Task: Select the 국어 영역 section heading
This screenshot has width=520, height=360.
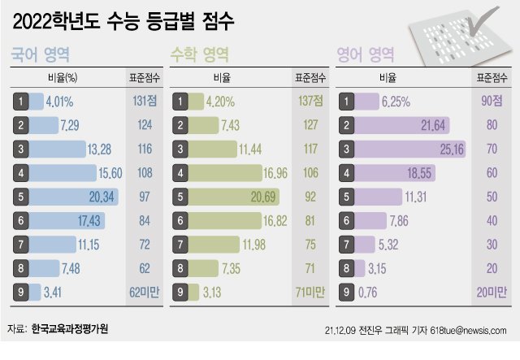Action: pyautogui.click(x=40, y=55)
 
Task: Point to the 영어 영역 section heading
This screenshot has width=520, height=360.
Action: pyautogui.click(x=366, y=55)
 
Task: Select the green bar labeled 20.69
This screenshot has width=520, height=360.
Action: pyautogui.click(x=236, y=197)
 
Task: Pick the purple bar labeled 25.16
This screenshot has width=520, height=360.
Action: pyautogui.click(x=411, y=150)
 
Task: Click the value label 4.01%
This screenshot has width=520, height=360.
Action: pyautogui.click(x=60, y=102)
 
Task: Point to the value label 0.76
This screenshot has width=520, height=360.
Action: pyautogui.click(x=373, y=292)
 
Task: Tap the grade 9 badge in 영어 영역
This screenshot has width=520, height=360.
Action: pyautogui.click(x=347, y=292)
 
